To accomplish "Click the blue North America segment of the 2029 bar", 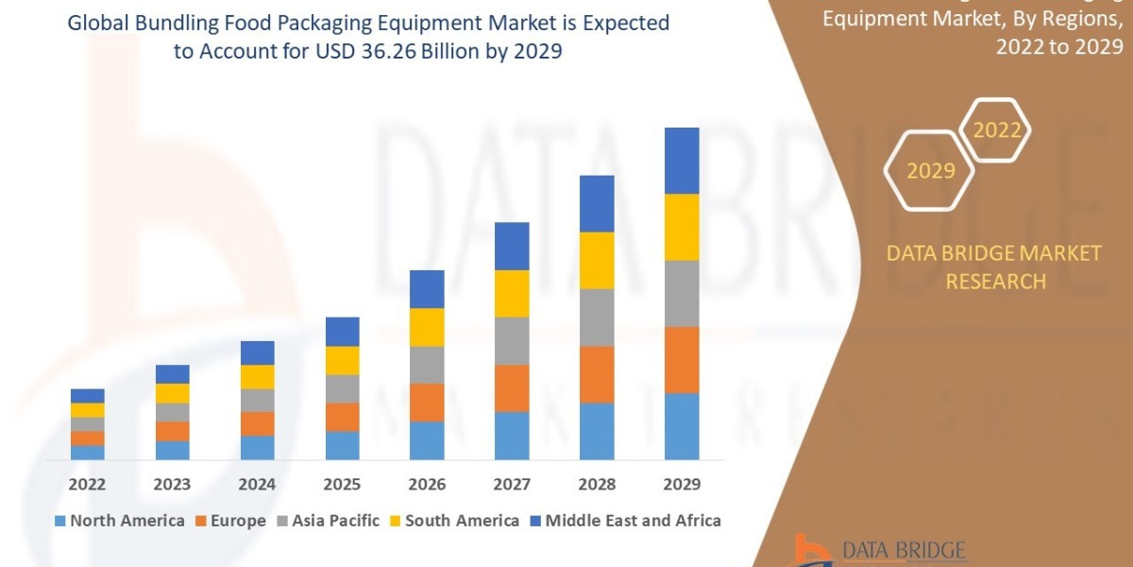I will (x=682, y=426).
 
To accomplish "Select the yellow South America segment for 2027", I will (x=512, y=293).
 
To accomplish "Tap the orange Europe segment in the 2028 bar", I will (x=597, y=374).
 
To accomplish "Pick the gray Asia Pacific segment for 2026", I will (x=427, y=365).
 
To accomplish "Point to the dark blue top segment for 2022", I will (x=88, y=396).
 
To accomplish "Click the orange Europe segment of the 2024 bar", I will (x=258, y=423).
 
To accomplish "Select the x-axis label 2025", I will (x=342, y=484).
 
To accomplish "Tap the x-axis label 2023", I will (x=172, y=484).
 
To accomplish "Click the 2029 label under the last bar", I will (x=682, y=484).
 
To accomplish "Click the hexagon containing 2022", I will (x=996, y=130).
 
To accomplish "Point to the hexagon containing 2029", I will (x=930, y=171).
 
